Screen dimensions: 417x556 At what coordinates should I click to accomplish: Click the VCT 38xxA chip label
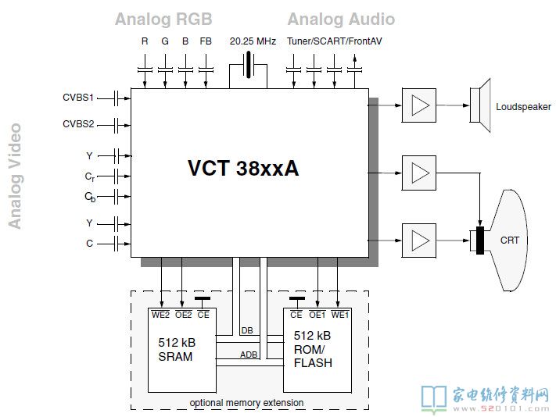point(243,169)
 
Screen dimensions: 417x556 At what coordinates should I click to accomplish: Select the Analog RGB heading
point(163,19)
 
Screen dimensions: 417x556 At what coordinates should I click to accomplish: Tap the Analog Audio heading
point(341,19)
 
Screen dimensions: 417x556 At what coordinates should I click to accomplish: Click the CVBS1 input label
point(78,98)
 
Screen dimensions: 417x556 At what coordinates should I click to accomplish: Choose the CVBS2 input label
point(78,124)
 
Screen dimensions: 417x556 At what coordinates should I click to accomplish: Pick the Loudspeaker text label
point(523,107)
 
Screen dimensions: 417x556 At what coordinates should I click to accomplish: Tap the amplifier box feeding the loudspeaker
point(419,105)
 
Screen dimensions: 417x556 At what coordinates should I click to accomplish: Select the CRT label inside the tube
point(509,241)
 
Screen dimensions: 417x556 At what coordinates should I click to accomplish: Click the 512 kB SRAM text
point(175,350)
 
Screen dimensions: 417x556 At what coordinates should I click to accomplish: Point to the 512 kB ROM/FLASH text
point(313,349)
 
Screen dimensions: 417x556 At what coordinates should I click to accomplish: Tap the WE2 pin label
point(160,315)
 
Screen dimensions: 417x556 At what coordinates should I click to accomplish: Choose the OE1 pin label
point(317,315)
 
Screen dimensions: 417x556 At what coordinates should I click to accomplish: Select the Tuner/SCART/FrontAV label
point(323,41)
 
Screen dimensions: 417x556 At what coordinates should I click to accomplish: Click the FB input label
point(206,41)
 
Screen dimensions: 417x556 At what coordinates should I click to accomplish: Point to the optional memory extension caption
point(246,403)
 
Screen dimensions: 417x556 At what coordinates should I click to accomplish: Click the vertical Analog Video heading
point(15,176)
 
